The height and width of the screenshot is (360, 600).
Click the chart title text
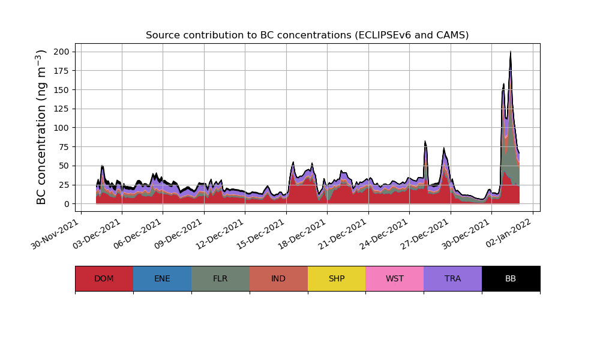(x=307, y=35)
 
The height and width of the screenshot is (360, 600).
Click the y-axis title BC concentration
(x=41, y=127)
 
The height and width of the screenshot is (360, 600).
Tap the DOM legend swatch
(x=104, y=278)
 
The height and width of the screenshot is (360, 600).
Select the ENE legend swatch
(x=162, y=278)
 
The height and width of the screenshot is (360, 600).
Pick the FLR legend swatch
(x=220, y=278)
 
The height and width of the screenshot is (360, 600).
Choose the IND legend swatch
(x=278, y=278)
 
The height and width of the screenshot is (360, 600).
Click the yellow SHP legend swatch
(x=337, y=278)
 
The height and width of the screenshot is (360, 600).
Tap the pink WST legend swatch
(x=395, y=278)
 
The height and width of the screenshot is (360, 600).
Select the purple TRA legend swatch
(x=453, y=278)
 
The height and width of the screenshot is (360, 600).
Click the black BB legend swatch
(x=511, y=278)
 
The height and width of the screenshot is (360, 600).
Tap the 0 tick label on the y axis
(x=67, y=204)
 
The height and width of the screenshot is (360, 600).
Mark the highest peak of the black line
(x=511, y=52)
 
